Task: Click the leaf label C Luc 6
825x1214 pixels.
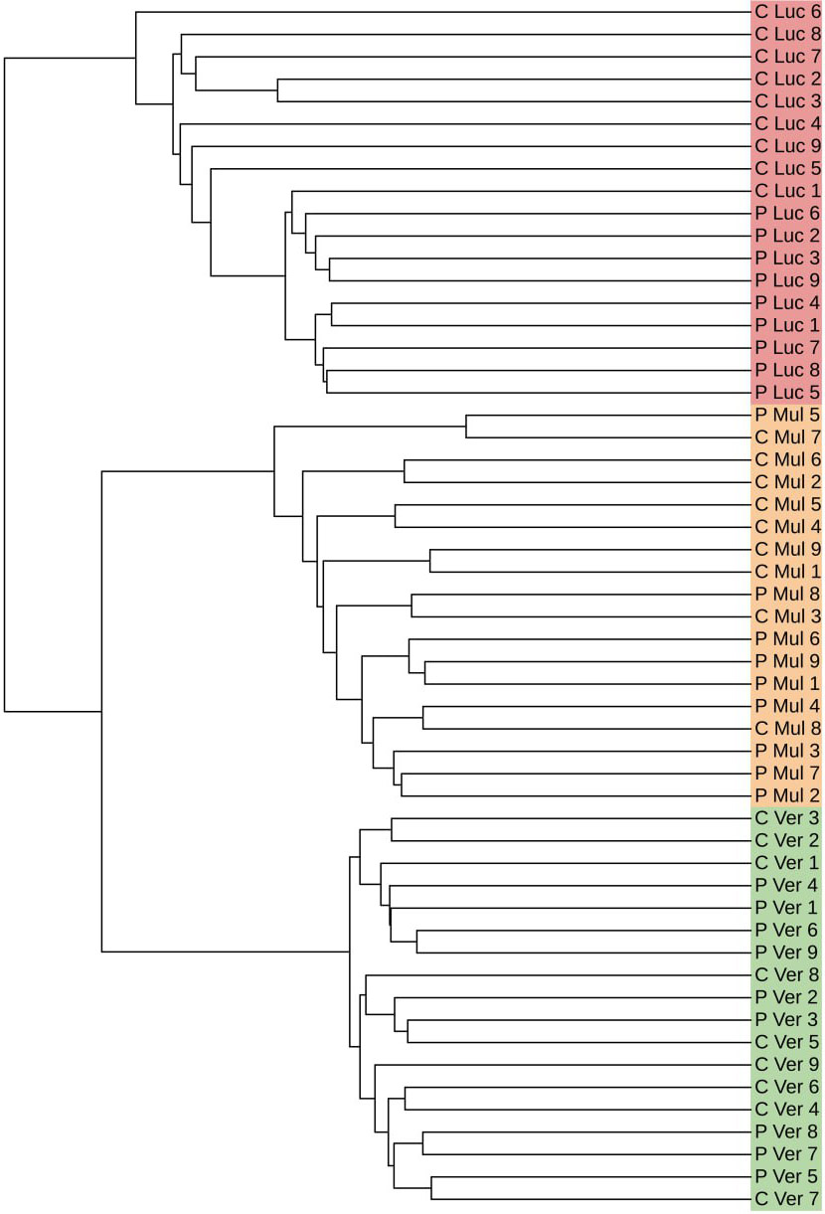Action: tap(786, 12)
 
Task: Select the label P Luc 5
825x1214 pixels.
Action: tap(786, 392)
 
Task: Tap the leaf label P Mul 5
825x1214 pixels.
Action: tap(786, 416)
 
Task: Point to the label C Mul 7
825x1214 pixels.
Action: tap(786, 437)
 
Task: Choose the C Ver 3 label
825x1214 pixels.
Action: tap(786, 818)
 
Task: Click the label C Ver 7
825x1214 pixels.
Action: tap(786, 1198)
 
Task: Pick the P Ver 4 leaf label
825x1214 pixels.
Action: tap(786, 885)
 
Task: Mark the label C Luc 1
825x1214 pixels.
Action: tap(786, 191)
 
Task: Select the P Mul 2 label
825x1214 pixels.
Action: tap(786, 795)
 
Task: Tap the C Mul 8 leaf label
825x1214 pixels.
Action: tap(786, 729)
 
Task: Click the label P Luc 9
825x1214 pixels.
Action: tap(786, 280)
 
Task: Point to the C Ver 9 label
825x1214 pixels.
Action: tap(786, 1064)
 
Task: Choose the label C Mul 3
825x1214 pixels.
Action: tap(786, 616)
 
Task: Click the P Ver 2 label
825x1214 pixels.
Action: tap(786, 997)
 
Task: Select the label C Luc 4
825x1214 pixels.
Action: tap(786, 124)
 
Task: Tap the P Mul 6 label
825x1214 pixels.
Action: tap(786, 638)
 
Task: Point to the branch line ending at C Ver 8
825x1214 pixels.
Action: tap(557, 975)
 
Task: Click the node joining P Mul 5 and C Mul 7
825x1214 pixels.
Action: tap(467, 427)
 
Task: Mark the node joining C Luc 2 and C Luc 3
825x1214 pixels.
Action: tap(277, 90)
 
